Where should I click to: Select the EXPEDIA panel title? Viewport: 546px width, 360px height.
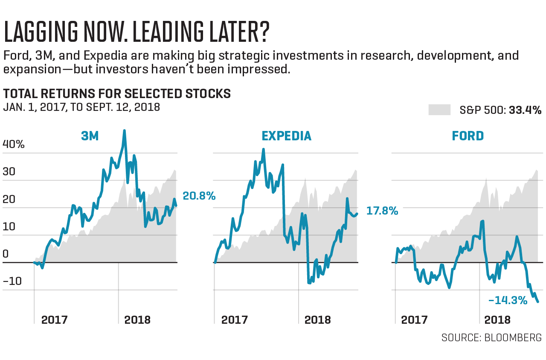pos(286,136)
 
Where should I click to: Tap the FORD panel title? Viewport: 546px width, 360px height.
pos(468,136)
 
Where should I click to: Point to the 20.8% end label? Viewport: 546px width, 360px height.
pos(199,196)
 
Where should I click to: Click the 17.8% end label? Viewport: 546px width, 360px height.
pos(382,211)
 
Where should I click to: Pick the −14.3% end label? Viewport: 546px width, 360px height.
pos(508,300)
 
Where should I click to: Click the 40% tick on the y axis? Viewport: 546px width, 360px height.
pos(14,144)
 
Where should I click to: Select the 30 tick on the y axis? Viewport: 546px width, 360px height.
pos(9,172)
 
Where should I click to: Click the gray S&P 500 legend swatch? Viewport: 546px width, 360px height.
pos(439,110)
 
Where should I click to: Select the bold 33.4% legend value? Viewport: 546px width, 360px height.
pos(525,110)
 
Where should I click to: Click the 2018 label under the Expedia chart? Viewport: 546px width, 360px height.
pos(317,320)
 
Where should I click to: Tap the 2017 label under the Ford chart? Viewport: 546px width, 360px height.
pos(415,320)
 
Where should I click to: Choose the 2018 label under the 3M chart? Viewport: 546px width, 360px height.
pos(137,320)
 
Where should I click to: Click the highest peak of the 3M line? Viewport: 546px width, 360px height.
pos(124,131)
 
